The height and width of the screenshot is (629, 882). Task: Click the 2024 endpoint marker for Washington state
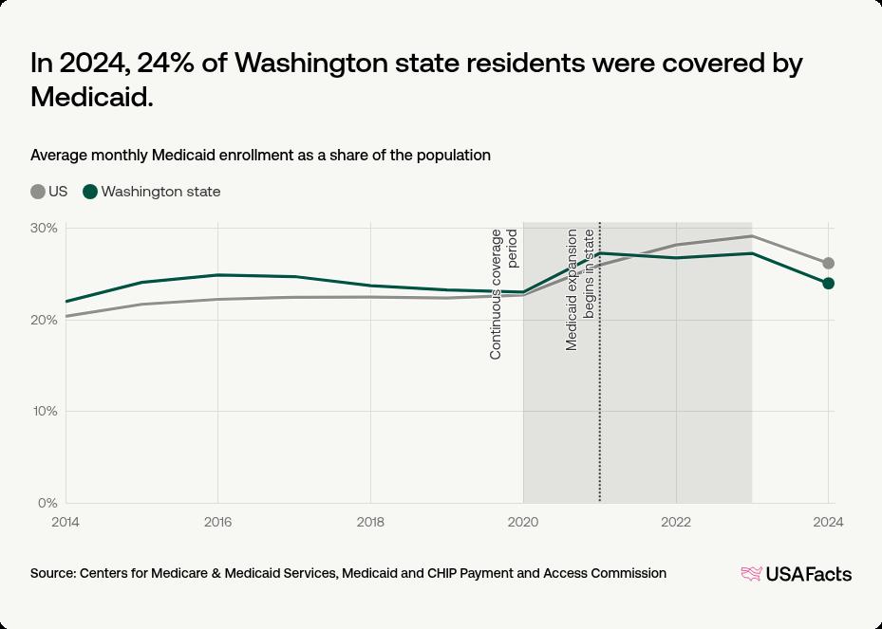point(828,283)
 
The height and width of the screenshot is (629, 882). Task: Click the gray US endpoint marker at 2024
point(828,263)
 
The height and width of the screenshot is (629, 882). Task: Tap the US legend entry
point(48,192)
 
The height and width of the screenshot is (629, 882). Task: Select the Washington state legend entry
point(152,192)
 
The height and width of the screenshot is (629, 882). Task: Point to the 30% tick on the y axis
point(44,229)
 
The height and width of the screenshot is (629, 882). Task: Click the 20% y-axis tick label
point(44,320)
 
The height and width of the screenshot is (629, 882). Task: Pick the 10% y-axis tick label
point(45,412)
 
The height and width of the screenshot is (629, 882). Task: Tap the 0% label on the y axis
point(48,503)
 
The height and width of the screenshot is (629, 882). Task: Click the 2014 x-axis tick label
point(66,521)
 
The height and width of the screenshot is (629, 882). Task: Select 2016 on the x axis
point(218,521)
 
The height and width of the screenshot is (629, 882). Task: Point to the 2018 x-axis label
point(370,521)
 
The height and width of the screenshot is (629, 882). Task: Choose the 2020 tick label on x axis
point(523,521)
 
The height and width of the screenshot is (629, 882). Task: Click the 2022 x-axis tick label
point(676,521)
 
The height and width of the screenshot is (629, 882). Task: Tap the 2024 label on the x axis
point(828,521)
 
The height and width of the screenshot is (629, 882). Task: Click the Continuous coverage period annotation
point(503,294)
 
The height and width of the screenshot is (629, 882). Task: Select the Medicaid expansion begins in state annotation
point(579,289)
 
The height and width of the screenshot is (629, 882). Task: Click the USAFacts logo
point(796,574)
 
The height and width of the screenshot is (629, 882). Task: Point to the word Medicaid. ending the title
point(92,96)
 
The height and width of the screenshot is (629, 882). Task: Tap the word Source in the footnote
point(52,573)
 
